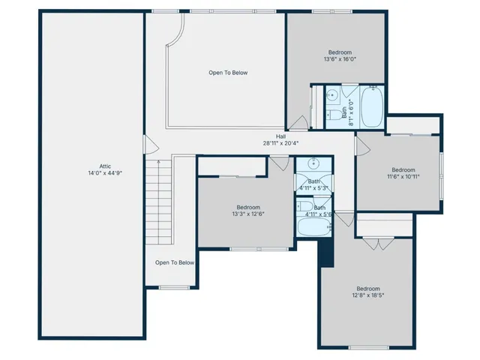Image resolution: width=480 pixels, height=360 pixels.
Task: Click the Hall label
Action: click(280, 136)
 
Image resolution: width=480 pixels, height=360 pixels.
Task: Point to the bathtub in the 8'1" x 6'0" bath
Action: click(372, 107)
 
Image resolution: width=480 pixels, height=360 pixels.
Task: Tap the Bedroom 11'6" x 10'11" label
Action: click(403, 169)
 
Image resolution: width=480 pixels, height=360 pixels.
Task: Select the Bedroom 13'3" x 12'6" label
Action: click(248, 207)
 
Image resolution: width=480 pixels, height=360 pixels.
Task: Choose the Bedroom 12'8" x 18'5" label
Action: click(367, 289)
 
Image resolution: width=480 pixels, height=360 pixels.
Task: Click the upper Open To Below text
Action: click(228, 73)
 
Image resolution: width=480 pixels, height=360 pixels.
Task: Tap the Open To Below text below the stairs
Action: click(175, 262)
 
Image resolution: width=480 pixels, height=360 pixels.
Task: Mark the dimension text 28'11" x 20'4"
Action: click(280, 143)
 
